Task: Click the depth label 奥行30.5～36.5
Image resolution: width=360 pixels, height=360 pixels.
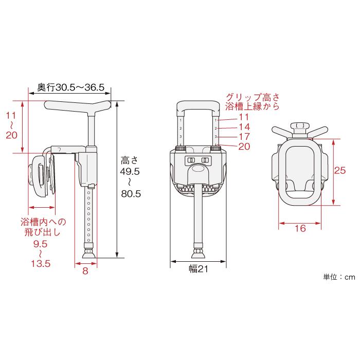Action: pos(71,87)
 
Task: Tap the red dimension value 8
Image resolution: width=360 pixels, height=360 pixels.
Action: pos(85,271)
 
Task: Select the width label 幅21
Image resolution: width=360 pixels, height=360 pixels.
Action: pos(199,269)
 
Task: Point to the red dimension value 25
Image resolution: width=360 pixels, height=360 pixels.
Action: pos(339,170)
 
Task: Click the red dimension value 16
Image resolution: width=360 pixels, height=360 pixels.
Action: pos(300,228)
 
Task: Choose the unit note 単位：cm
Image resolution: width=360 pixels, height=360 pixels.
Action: pos(339,277)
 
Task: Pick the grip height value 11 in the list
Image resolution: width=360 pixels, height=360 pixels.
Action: pos(244,117)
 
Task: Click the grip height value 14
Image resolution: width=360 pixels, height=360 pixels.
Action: pos(244,127)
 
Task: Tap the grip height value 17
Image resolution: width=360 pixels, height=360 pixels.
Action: pos(244,137)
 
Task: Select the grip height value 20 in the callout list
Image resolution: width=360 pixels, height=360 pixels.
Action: pos(244,147)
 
